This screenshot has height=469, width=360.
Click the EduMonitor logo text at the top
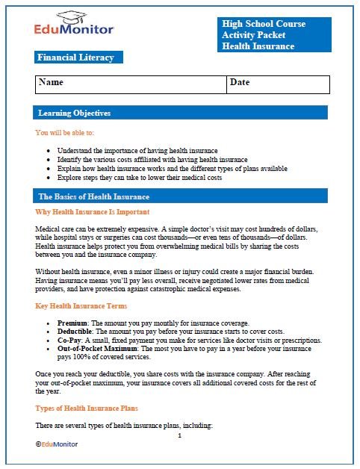click(x=73, y=31)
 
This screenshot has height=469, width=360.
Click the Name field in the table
click(x=51, y=82)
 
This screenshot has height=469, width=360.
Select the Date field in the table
click(x=240, y=82)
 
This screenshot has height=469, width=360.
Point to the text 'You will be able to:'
click(x=64, y=132)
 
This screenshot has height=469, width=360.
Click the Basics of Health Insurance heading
click(x=93, y=196)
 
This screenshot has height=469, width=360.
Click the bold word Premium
click(x=72, y=323)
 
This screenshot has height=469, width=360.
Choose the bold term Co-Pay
click(x=69, y=341)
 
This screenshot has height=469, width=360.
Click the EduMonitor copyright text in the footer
click(x=59, y=444)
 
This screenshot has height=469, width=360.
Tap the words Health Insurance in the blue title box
click(x=258, y=46)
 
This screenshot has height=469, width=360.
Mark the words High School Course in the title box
click(x=263, y=24)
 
